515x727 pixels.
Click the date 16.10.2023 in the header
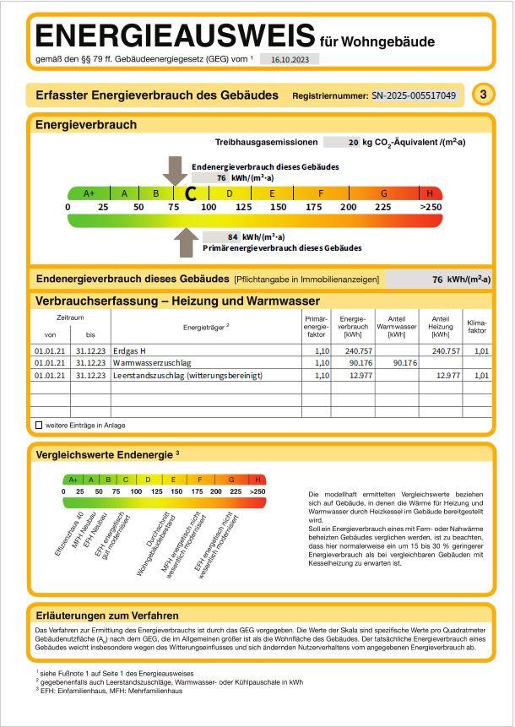point(290,60)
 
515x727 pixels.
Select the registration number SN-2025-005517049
point(415,95)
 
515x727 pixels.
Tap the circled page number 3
point(483,95)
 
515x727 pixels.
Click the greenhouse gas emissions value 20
point(353,143)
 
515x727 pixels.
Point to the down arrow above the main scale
point(175,170)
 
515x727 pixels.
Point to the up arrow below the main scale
point(187,242)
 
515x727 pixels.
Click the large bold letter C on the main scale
point(191,194)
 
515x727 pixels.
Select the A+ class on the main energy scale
point(89,193)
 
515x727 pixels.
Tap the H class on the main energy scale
point(430,193)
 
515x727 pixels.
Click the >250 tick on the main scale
point(431,207)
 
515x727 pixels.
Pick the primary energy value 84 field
point(234,237)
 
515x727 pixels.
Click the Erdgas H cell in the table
point(130,350)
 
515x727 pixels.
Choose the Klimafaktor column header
point(477,326)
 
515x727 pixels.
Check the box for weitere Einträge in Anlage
point(39,425)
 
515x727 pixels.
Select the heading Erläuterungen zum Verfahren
point(107,616)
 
